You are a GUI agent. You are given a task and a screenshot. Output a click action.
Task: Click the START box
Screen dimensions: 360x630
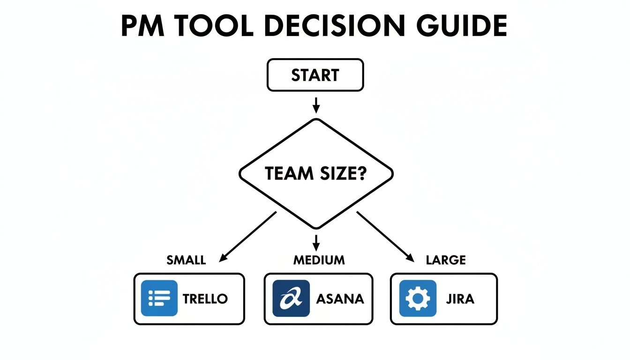(x=315, y=75)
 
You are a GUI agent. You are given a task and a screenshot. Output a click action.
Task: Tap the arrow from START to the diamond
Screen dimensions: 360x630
(x=316, y=105)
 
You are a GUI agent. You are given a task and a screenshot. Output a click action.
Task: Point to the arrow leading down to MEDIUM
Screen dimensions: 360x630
(x=316, y=242)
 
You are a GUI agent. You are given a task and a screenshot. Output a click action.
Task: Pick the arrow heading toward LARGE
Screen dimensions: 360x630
(x=385, y=237)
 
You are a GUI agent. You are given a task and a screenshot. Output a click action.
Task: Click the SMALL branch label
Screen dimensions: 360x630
(x=186, y=260)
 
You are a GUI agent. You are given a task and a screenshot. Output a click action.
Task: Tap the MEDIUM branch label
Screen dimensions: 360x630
(x=319, y=260)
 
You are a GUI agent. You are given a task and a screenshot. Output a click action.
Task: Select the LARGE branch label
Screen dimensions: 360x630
(x=446, y=260)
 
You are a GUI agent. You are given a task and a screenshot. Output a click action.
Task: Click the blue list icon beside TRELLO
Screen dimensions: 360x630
(x=159, y=298)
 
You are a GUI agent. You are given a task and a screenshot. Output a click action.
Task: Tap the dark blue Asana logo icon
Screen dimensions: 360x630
(x=291, y=298)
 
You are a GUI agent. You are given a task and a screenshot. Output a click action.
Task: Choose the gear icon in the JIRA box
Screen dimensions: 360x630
(x=418, y=298)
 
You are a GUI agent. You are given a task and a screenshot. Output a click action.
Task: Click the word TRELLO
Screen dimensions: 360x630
(x=205, y=299)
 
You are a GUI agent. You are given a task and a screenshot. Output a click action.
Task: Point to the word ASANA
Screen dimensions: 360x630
(x=340, y=299)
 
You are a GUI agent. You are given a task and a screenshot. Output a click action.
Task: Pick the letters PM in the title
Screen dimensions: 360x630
(x=142, y=26)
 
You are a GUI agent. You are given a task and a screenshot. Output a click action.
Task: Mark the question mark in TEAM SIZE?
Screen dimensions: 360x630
(x=361, y=174)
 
